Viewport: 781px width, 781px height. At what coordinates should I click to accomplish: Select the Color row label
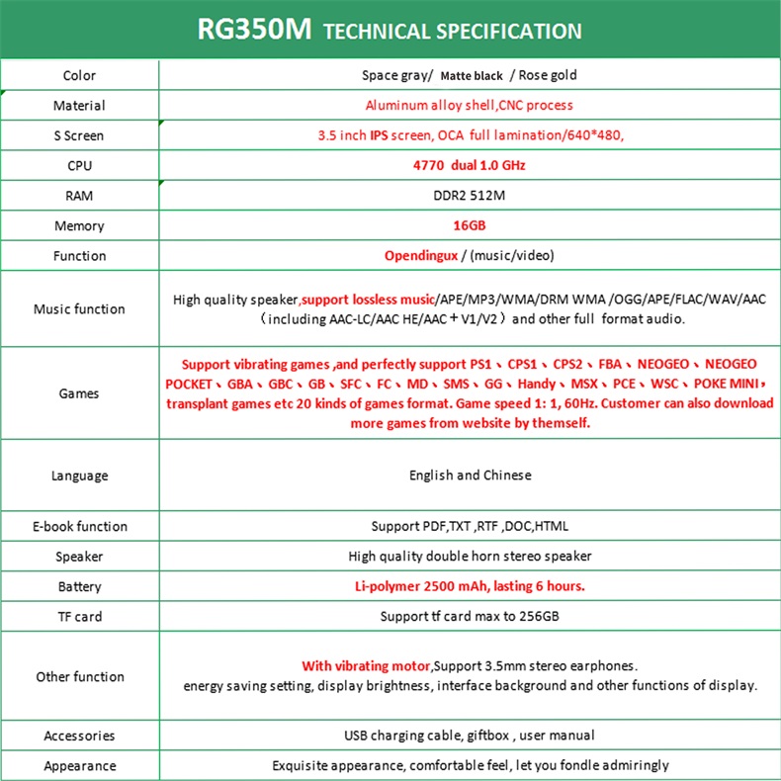point(79,75)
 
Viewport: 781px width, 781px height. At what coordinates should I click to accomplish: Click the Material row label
point(79,106)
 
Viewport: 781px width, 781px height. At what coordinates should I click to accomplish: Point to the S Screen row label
point(79,135)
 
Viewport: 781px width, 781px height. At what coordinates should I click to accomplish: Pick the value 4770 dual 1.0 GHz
point(469,165)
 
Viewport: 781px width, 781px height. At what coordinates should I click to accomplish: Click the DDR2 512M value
point(470,196)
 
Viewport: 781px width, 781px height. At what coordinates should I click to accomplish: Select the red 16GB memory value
point(469,225)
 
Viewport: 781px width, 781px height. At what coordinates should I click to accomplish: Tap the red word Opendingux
point(421,256)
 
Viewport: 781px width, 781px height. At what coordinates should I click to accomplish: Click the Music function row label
point(79,308)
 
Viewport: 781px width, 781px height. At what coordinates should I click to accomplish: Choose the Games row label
point(79,393)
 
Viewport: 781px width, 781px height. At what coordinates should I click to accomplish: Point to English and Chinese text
point(470,476)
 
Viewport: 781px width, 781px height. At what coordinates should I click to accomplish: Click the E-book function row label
point(79,526)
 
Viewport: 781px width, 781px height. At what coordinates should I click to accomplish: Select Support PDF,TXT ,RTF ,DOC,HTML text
point(470,526)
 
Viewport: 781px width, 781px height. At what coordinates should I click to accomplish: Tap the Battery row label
point(79,586)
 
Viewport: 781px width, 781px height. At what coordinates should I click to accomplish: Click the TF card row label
point(79,616)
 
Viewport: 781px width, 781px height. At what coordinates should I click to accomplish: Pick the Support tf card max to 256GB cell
point(470,616)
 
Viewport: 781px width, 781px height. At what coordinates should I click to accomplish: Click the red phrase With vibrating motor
point(367,665)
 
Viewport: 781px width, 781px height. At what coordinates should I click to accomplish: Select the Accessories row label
point(79,736)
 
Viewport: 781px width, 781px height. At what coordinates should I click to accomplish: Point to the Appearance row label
point(79,765)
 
